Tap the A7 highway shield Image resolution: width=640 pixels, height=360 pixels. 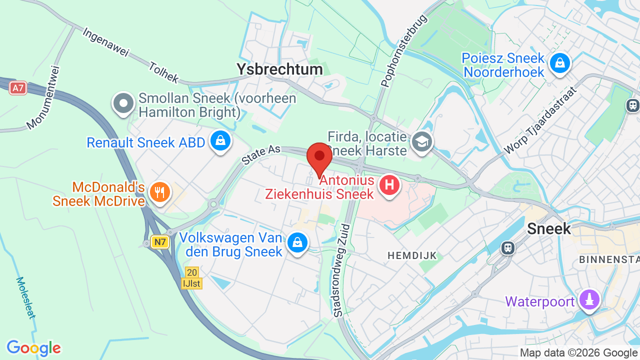(18, 88)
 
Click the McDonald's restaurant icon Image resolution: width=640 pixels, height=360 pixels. (159, 192)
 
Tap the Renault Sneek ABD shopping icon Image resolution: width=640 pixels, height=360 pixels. (220, 141)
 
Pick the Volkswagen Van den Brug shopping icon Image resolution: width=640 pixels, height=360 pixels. (297, 243)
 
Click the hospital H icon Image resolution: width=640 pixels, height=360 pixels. (389, 185)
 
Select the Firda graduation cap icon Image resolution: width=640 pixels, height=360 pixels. (421, 142)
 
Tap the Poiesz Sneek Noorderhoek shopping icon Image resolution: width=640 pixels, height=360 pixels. (559, 63)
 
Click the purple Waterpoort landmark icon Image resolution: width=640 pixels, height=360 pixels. (589, 300)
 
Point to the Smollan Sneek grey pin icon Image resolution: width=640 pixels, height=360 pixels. (123, 104)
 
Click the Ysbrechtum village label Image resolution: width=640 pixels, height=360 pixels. (279, 69)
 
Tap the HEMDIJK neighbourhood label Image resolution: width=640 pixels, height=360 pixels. (412, 256)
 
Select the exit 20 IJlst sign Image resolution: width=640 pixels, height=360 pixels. (191, 278)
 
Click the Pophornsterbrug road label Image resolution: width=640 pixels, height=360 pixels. (404, 51)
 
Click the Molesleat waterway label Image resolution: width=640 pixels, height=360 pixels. (25, 297)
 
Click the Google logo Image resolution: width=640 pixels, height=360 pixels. (33, 348)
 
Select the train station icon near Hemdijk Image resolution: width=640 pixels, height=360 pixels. (508, 247)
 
